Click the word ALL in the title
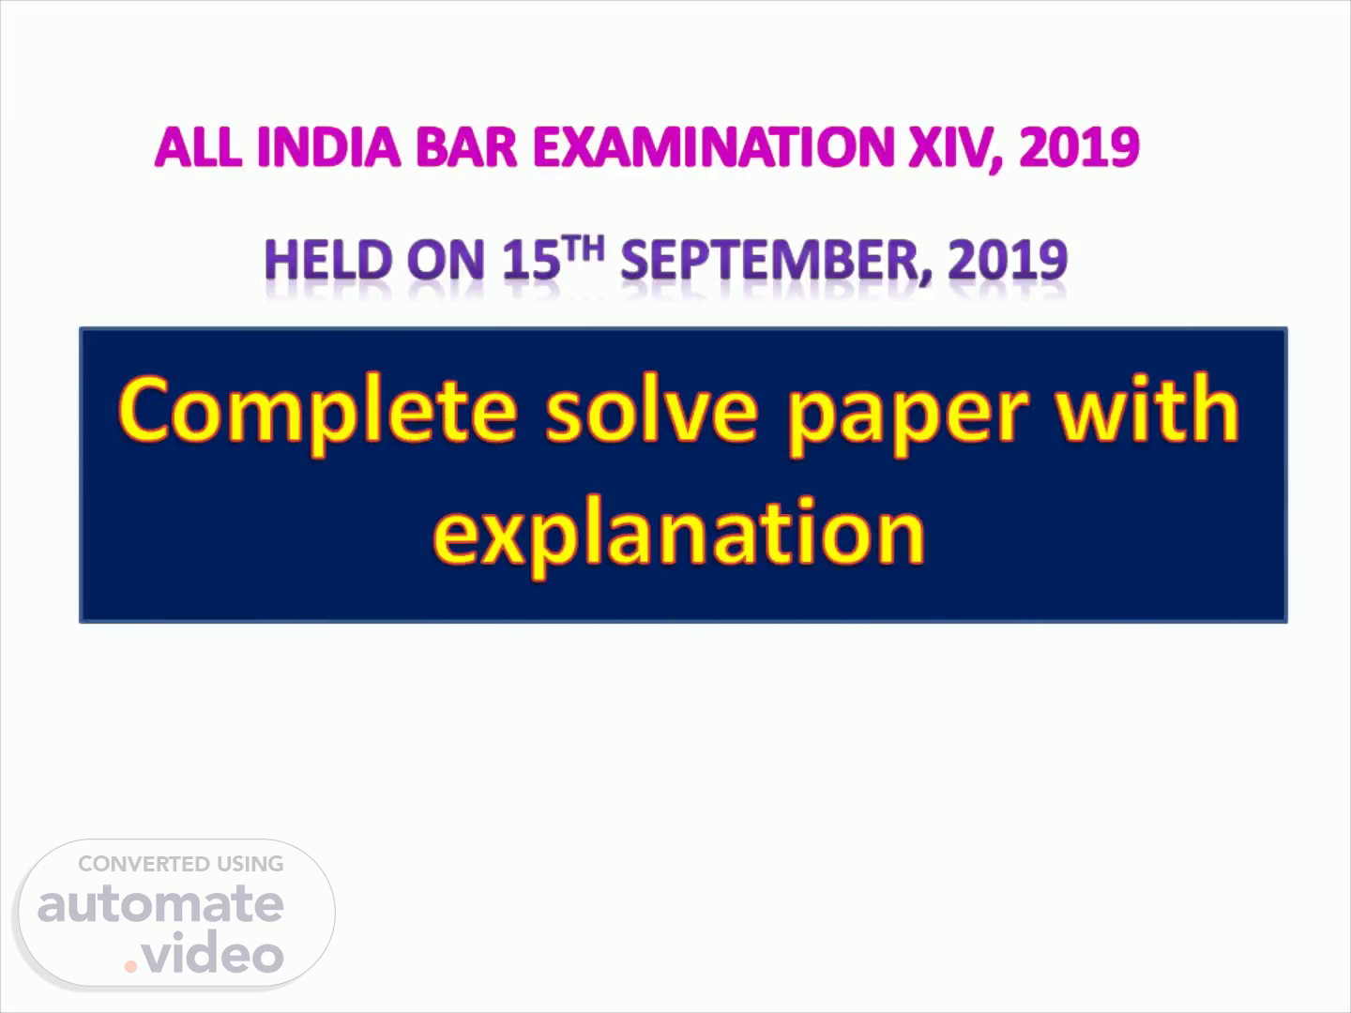198,147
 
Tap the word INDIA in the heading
329,147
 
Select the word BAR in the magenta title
466,147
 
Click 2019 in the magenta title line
1079,147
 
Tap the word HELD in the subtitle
328,260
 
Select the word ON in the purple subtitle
446,260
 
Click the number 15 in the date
531,260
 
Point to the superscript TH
584,249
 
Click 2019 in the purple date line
1008,260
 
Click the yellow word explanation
679,536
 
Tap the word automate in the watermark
160,904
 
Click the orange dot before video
130,966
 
